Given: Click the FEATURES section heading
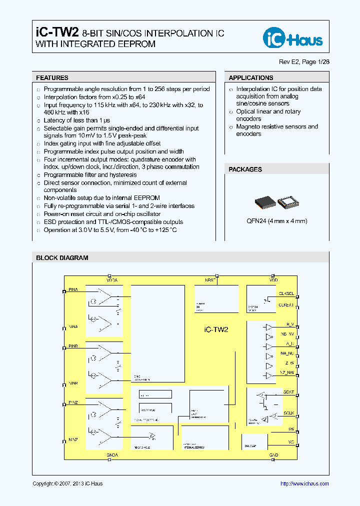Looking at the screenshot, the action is click(52, 78).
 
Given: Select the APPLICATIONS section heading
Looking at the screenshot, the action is click(250, 78).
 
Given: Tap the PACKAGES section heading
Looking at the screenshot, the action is click(245, 169).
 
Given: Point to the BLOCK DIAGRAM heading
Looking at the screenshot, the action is click(62, 258).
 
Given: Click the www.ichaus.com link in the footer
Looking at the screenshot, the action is click(304, 483).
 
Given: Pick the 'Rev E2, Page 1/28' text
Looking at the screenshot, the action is click(304, 62).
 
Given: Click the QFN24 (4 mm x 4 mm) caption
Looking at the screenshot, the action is click(277, 221).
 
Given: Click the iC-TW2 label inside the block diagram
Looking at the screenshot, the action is click(216, 329).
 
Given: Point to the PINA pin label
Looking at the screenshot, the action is click(73, 289).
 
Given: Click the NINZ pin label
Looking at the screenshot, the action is click(73, 439).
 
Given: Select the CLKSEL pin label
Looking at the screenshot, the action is click(286, 294).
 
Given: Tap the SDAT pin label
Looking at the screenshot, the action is click(288, 392).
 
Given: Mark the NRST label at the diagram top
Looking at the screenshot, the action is click(210, 280).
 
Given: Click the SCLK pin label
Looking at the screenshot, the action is click(288, 413).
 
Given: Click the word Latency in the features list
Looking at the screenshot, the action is click(54, 120).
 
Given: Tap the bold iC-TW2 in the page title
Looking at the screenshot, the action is click(57, 33).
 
